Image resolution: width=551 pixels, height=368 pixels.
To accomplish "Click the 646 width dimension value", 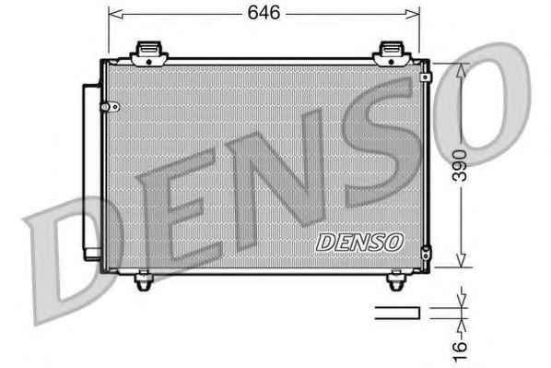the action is click(264, 13).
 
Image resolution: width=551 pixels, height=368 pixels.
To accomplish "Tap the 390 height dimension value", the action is click(460, 165).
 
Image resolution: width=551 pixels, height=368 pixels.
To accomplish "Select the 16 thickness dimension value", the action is click(460, 350).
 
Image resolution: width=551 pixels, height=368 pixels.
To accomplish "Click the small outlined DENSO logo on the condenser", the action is click(359, 242).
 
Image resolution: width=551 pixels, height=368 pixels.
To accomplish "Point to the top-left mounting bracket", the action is click(149, 53).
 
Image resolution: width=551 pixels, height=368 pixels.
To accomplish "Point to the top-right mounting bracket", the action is click(392, 53).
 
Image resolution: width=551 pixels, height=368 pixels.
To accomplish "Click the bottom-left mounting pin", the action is click(144, 280).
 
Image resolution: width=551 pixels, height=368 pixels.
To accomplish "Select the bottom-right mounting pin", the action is click(396, 280).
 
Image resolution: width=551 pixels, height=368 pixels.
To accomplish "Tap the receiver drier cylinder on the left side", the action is click(92, 172).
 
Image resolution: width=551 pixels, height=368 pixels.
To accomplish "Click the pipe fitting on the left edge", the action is click(110, 107).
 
